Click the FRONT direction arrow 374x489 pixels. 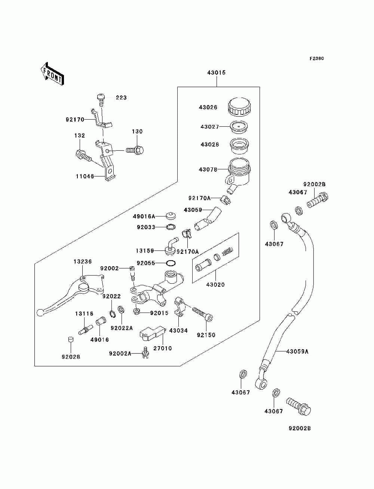52,74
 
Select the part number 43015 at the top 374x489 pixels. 216,73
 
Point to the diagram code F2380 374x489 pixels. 316,59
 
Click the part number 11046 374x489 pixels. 85,176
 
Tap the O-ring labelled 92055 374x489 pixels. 171,263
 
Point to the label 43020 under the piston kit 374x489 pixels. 215,285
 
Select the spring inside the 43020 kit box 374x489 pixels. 227,251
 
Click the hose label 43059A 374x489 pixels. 297,351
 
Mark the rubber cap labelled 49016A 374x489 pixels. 171,216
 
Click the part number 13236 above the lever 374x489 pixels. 83,262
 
